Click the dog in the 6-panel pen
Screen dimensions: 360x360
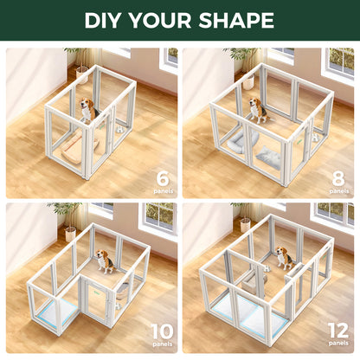(87, 110)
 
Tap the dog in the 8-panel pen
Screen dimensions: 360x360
(257, 110)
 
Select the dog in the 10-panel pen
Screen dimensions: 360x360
(104, 261)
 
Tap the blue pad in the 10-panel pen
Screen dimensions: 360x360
(65, 303)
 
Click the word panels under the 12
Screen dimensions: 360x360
(338, 345)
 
